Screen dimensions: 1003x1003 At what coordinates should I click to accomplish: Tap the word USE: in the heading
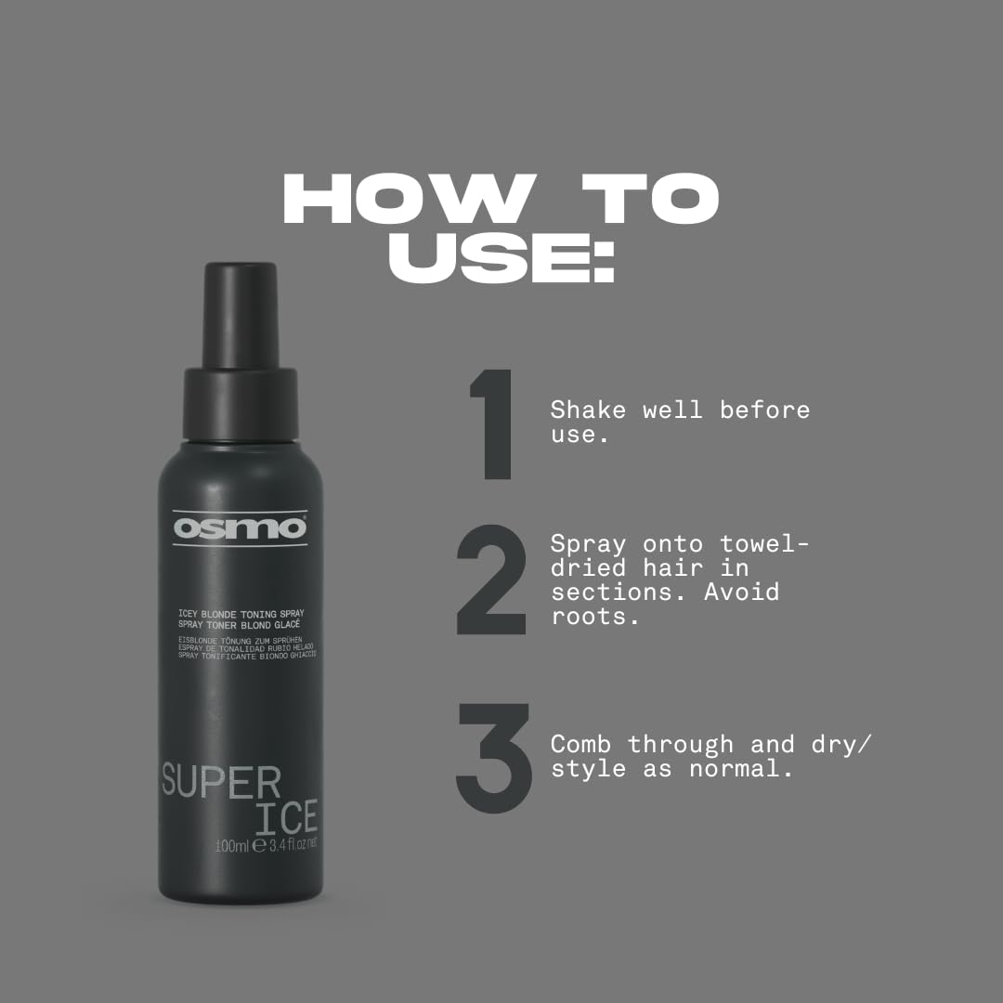pos(501,255)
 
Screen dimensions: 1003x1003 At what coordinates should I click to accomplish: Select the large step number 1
pos(493,424)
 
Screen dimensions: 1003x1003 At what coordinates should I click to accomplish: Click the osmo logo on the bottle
pos(240,528)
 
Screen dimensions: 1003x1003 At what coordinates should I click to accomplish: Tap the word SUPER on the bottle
pos(221,782)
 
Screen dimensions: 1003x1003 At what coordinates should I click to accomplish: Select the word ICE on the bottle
pos(287,818)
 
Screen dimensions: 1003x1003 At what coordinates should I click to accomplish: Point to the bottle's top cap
pos(241,317)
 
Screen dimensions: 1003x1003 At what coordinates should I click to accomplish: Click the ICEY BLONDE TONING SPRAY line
pos(241,614)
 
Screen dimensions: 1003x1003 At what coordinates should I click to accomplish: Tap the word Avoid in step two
pos(741,591)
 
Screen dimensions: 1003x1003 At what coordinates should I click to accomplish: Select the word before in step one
pos(764,410)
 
